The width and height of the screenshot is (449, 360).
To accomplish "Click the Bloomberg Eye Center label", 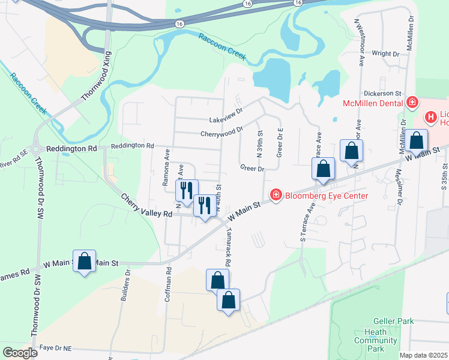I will click(327, 196).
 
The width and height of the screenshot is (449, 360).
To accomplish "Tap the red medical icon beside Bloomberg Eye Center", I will click(276, 194).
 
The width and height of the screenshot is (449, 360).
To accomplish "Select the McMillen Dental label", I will click(372, 103).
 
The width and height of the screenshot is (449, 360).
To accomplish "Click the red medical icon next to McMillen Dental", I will click(412, 103).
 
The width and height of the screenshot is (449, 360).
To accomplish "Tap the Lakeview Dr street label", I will click(226, 112).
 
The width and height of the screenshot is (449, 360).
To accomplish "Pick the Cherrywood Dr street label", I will click(222, 131).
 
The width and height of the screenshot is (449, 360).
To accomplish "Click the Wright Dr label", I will click(385, 53).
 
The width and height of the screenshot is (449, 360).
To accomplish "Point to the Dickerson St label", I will click(382, 94).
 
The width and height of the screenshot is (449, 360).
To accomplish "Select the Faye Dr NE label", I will click(55, 347).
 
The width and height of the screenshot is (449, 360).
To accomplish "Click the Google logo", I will click(20, 353).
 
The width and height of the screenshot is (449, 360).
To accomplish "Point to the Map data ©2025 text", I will click(424, 355).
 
